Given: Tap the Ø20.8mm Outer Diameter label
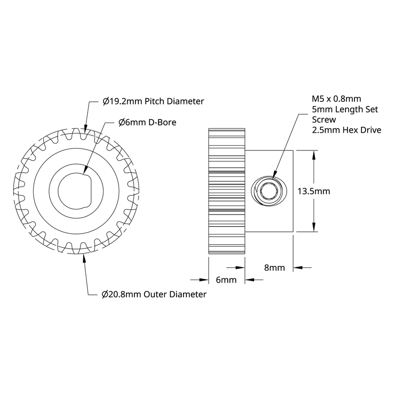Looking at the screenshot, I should (x=154, y=294).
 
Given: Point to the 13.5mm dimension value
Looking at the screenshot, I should (x=313, y=191).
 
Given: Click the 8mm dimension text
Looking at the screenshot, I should (x=274, y=268).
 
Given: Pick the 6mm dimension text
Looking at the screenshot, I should (x=226, y=280).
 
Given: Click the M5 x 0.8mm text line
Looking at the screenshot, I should (x=336, y=99).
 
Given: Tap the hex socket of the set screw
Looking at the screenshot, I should (x=269, y=192).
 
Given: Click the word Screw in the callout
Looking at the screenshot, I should (x=324, y=120).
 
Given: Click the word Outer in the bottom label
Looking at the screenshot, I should (x=156, y=294).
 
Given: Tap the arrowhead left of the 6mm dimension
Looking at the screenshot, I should (x=204, y=280).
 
